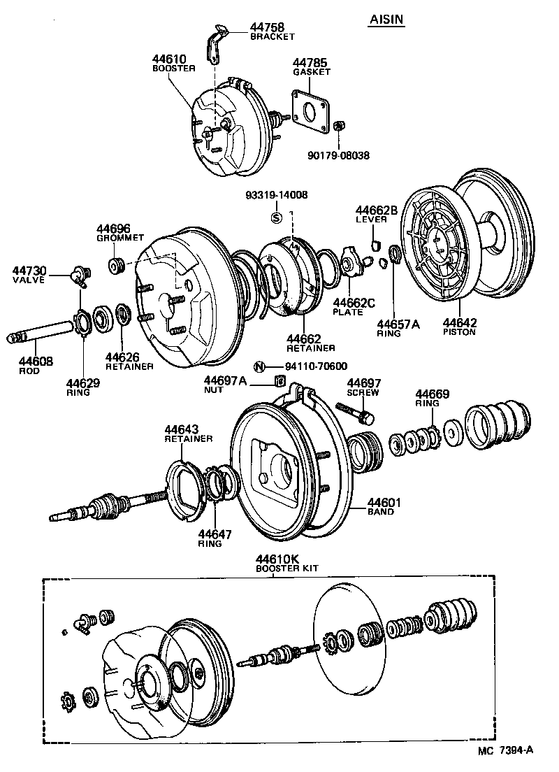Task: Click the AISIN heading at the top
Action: (387, 22)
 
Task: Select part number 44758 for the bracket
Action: (268, 28)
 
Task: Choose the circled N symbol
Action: (259, 366)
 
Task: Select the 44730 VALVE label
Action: (29, 274)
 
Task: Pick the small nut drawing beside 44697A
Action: (279, 381)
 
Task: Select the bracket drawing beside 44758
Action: (216, 43)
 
